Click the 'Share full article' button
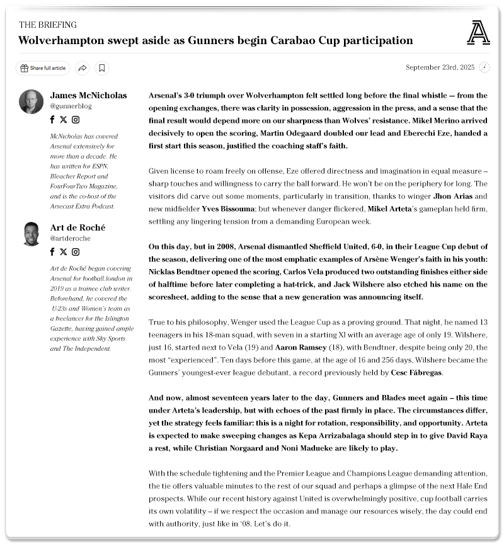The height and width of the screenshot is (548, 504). click(x=43, y=68)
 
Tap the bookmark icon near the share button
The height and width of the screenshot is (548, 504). click(x=102, y=68)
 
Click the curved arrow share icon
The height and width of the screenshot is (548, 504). click(x=83, y=68)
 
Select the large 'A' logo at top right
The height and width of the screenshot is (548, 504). click(x=478, y=33)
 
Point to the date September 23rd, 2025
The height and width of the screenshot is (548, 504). click(x=440, y=67)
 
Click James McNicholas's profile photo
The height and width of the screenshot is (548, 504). click(x=31, y=101)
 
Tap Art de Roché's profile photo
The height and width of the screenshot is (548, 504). click(x=31, y=234)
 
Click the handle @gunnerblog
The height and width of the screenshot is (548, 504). click(x=70, y=106)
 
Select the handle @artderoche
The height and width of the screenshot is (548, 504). click(x=71, y=239)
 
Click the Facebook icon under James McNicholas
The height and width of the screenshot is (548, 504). click(x=52, y=120)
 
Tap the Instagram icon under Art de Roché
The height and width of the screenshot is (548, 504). click(x=76, y=252)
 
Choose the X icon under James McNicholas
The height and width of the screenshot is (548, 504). click(x=63, y=120)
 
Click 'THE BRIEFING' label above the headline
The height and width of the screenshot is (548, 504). click(x=48, y=25)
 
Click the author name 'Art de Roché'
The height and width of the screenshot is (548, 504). click(x=77, y=227)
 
